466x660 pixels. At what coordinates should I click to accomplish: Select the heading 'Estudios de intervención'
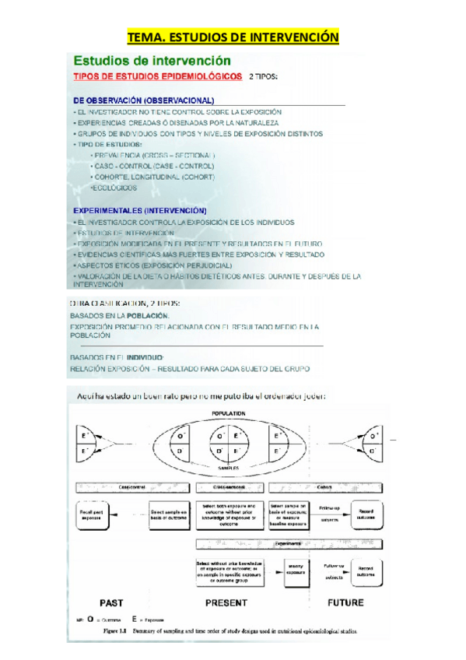(x=152, y=60)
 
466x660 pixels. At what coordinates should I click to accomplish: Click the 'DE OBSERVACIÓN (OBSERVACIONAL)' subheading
(x=143, y=100)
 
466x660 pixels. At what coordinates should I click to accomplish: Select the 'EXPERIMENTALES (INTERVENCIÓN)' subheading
(x=139, y=210)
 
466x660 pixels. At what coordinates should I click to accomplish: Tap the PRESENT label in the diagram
(x=226, y=602)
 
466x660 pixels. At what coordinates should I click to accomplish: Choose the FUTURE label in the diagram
(x=345, y=602)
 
